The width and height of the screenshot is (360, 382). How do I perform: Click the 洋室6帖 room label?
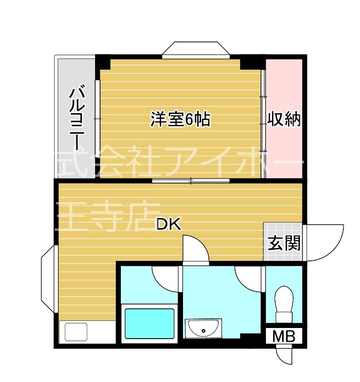pos(179,120)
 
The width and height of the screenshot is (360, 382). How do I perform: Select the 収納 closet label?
pos(284,120)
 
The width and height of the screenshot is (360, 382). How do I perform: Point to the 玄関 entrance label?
pos(284,244)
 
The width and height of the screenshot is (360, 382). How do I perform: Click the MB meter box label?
pos(284,336)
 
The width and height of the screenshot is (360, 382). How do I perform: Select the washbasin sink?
pos(203,329)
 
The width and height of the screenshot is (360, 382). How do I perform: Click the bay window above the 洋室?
pos(195,49)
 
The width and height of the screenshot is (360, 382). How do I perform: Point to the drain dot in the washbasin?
pos(203,331)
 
